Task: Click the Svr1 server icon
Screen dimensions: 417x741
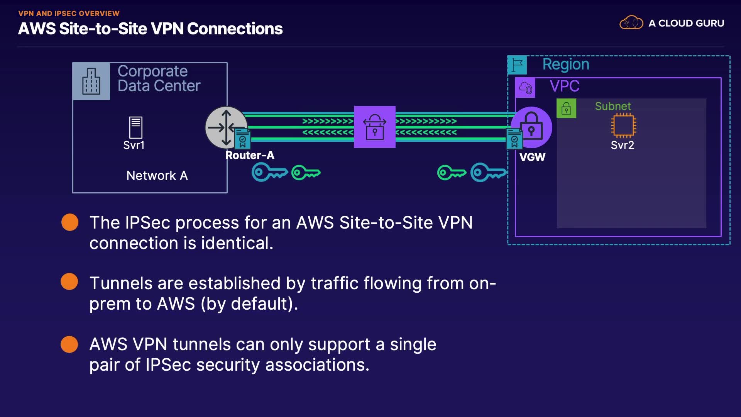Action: tap(135, 127)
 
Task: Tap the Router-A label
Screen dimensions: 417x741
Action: tap(250, 155)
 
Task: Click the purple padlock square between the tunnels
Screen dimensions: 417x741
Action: tap(374, 127)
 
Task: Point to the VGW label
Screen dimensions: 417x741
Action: tap(532, 157)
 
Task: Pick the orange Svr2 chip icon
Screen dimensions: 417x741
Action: tap(623, 126)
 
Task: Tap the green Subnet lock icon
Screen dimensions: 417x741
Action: tap(566, 108)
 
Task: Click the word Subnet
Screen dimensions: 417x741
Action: tap(613, 106)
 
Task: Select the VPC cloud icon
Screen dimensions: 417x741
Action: tap(525, 88)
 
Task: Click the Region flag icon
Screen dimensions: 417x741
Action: tap(517, 65)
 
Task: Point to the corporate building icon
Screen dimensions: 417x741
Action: tap(91, 81)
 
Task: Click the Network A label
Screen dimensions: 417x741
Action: tap(157, 176)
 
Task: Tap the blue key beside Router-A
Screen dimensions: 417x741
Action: tap(269, 172)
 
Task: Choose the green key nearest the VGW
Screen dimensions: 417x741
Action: tap(451, 173)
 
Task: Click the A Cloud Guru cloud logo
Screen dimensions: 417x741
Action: tap(631, 23)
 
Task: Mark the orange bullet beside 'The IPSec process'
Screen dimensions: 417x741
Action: tap(70, 222)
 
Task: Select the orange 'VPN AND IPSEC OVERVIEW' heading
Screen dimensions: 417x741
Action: tap(69, 14)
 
